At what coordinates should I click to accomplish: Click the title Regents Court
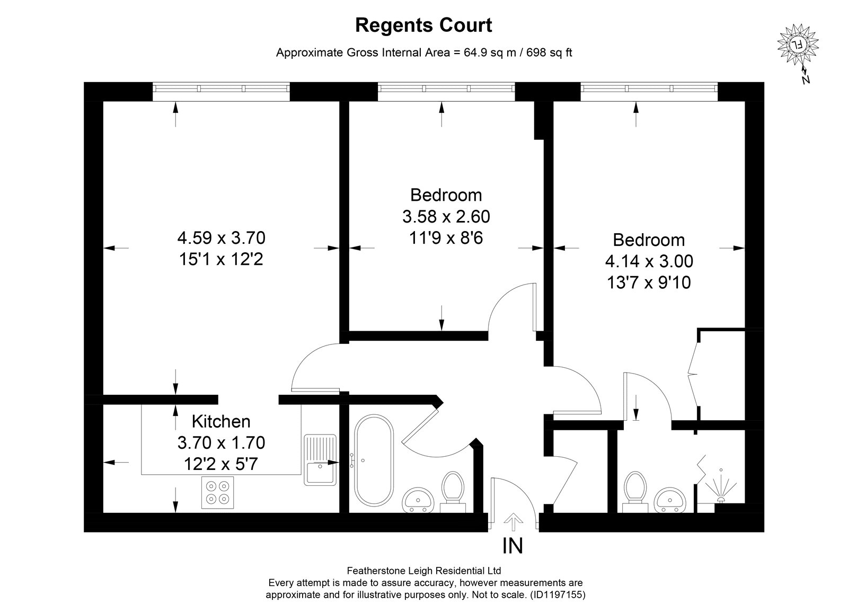tap(423, 26)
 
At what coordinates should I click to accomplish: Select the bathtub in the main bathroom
tap(374, 460)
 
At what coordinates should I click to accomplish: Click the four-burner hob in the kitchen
tap(217, 492)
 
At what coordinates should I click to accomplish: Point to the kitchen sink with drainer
tap(320, 460)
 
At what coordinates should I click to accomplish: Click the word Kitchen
tap(221, 421)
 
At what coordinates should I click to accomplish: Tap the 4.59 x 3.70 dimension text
tap(222, 238)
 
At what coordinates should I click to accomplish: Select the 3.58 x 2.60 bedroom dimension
tap(446, 217)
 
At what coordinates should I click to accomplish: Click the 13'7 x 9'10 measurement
tap(649, 283)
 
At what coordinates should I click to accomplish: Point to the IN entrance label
tap(513, 546)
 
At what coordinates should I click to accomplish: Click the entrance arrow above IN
tap(514, 522)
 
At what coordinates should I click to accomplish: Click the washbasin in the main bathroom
tap(418, 500)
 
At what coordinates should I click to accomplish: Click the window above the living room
tap(221, 88)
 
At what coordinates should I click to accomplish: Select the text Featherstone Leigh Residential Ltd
tap(424, 571)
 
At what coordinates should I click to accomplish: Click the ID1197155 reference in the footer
tap(559, 595)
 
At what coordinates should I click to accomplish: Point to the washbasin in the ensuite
tap(670, 500)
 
